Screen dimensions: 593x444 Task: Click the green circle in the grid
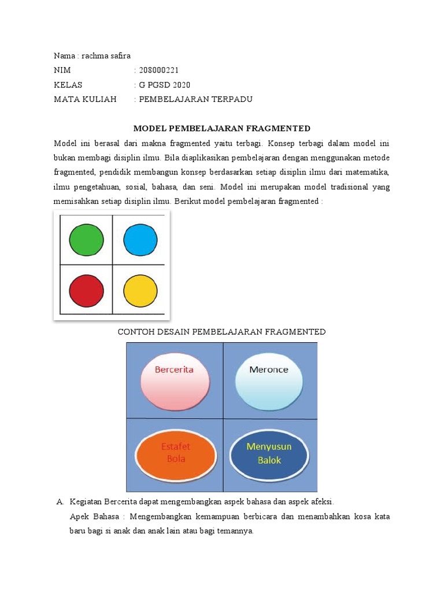[86, 240]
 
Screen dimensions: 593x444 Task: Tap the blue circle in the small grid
[140, 240]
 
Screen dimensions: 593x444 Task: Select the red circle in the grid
[86, 290]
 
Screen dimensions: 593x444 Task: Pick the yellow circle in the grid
[140, 290]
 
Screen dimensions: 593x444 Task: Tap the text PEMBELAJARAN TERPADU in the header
[196, 99]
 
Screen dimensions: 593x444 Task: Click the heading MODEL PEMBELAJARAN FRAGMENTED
[222, 128]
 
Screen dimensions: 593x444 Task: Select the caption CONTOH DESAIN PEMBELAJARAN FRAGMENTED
[222, 332]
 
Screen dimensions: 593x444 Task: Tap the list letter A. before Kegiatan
[60, 502]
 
